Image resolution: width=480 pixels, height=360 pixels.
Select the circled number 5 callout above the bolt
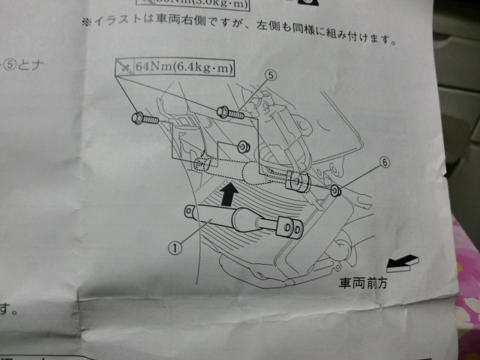coord(271,76)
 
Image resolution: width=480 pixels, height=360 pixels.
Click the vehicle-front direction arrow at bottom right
coord(401,263)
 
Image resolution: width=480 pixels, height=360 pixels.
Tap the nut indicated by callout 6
coord(334,191)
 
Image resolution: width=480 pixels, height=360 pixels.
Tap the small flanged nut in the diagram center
coord(244,145)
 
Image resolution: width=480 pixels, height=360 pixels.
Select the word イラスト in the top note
coord(112,20)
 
